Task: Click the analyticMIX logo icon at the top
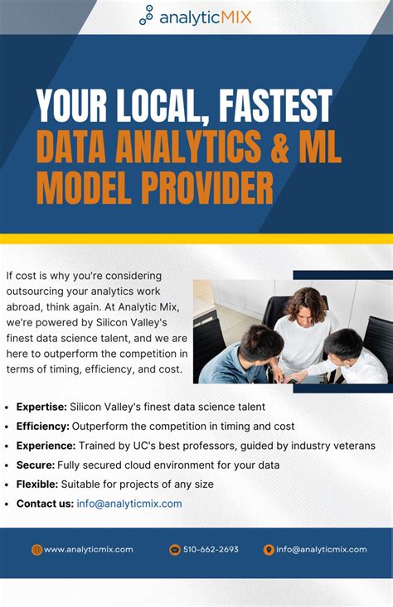coord(147,15)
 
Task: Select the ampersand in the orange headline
coord(264,147)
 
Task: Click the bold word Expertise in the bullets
coord(41,407)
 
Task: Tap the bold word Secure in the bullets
coord(35,465)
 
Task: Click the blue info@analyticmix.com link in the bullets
coord(129,503)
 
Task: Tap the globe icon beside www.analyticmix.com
coord(36,549)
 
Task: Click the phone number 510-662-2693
coord(211,549)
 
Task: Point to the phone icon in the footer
coord(175,549)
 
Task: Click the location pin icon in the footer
coord(269,549)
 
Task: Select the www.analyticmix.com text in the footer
coord(88,549)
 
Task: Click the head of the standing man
coord(306,302)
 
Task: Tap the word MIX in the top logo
coord(234,16)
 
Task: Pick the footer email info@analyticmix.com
coord(322,549)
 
